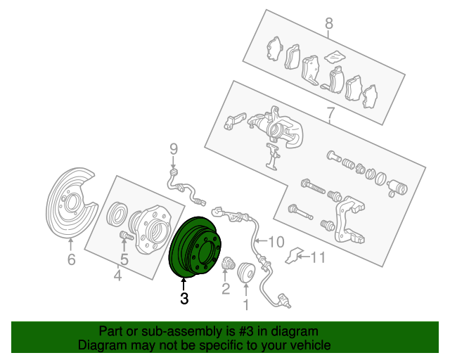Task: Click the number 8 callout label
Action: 329,23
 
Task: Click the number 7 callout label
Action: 330,113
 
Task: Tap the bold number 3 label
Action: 184,299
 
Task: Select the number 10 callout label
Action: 276,242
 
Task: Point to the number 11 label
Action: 318,257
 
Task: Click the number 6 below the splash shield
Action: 72,259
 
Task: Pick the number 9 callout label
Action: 174,149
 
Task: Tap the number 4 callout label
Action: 117,275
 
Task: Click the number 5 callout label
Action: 124,259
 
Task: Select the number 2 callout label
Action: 226,288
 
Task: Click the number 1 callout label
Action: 246,304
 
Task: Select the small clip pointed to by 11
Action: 292,255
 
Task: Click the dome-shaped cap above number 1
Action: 246,271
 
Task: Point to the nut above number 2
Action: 228,263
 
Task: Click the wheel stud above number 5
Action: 126,236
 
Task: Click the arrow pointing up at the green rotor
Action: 184,284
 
